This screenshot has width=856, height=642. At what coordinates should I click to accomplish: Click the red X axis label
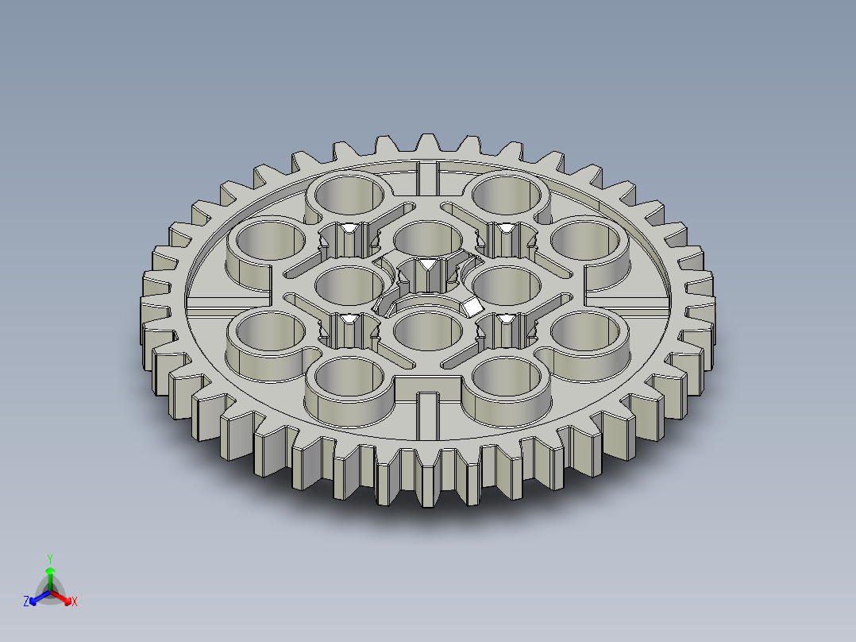pyautogui.click(x=74, y=602)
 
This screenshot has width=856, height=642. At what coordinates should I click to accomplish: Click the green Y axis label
pyautogui.click(x=49, y=559)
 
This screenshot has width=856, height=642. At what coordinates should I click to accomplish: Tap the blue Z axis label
pyautogui.click(x=26, y=602)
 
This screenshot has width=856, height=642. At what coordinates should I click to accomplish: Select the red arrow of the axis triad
pyautogui.click(x=65, y=598)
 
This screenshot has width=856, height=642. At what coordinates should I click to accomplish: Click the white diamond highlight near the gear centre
pyautogui.click(x=472, y=306)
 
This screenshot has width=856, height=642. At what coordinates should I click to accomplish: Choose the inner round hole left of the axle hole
pyautogui.click(x=350, y=283)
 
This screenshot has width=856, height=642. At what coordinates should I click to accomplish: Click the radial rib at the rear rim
pyautogui.click(x=428, y=176)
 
